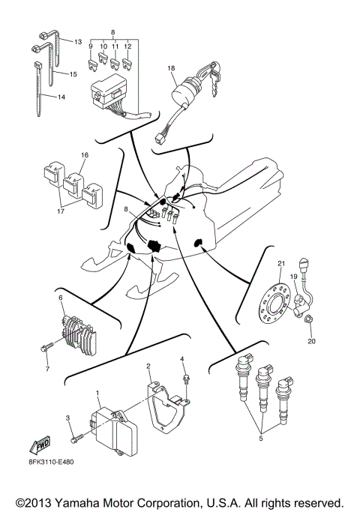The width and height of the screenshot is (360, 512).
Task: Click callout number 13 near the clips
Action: point(77,42)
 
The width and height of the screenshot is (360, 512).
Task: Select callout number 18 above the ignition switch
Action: point(171,69)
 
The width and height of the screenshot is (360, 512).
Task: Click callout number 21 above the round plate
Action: point(281,264)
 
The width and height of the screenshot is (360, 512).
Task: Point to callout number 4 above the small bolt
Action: point(181,360)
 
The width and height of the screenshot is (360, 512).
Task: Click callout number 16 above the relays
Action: point(84,156)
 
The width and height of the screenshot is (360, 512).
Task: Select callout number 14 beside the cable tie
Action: point(61,97)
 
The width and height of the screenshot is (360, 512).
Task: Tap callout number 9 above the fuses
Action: point(91,46)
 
